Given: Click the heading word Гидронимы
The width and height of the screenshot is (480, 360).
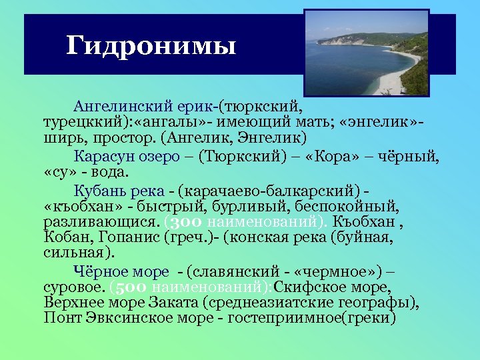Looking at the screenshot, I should tap(151, 46).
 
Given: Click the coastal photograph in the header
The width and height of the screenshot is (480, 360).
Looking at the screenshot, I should tap(366, 52).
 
